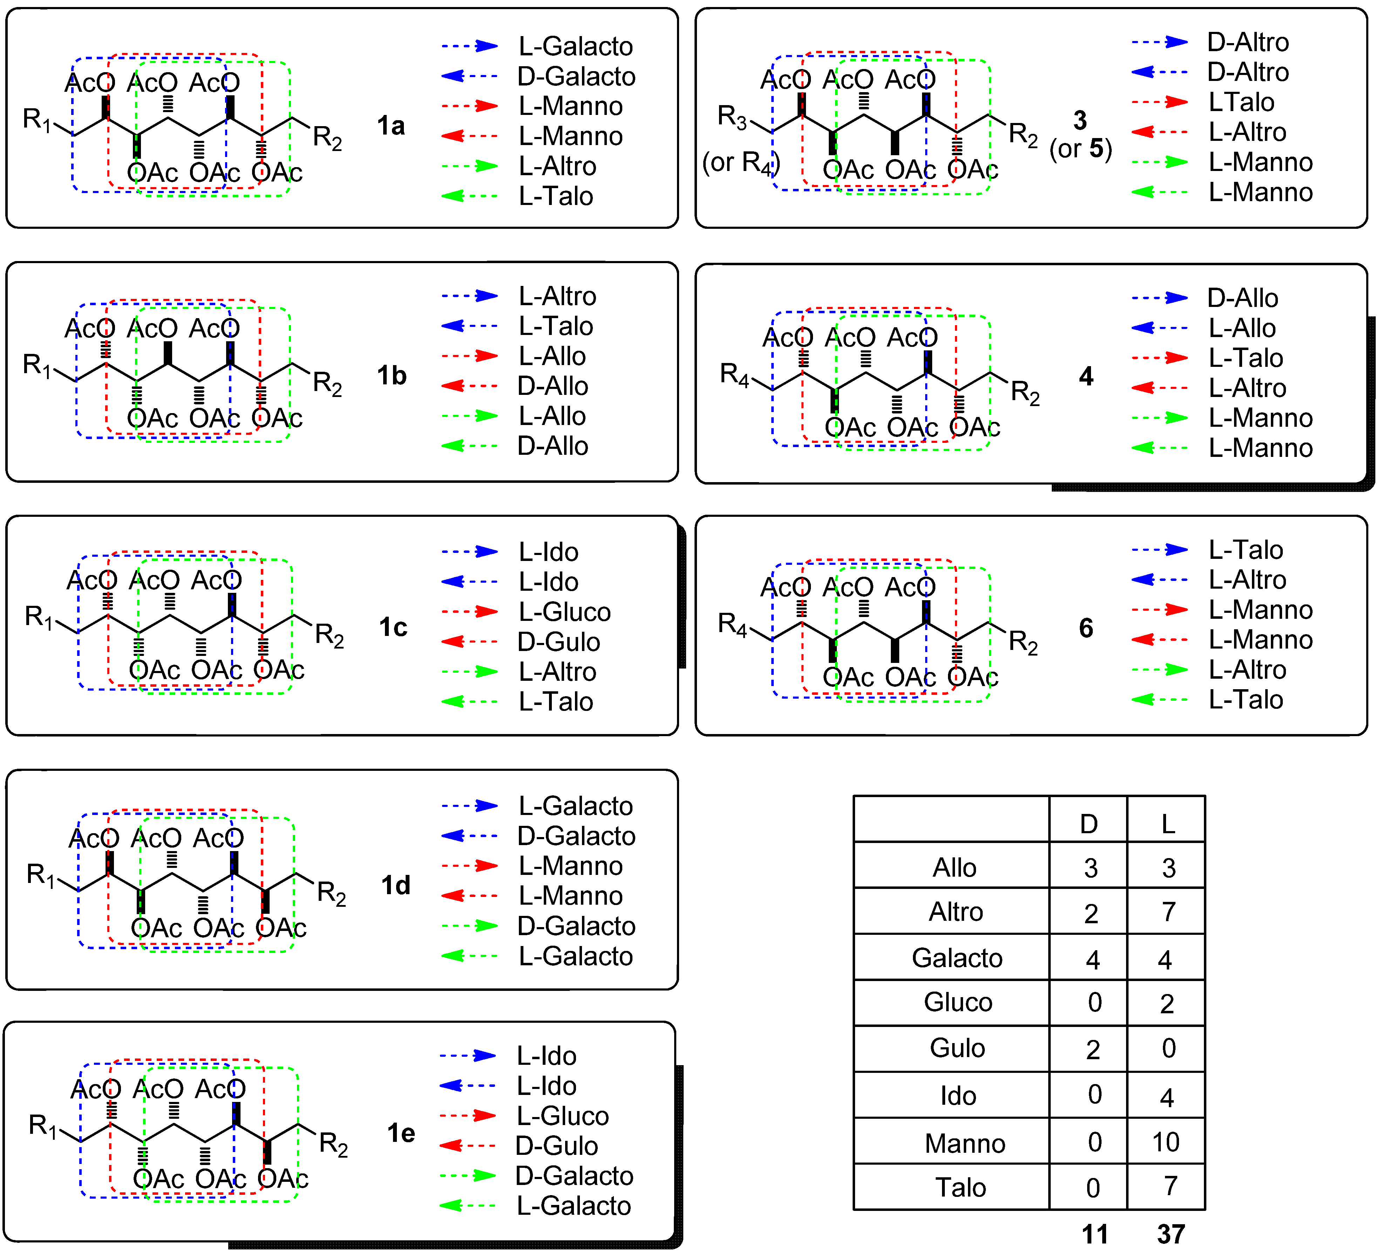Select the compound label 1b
click(392, 376)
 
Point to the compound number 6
click(1086, 628)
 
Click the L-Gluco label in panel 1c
click(564, 612)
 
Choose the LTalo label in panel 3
click(1241, 102)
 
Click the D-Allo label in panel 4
click(1242, 298)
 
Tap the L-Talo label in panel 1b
click(555, 326)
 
